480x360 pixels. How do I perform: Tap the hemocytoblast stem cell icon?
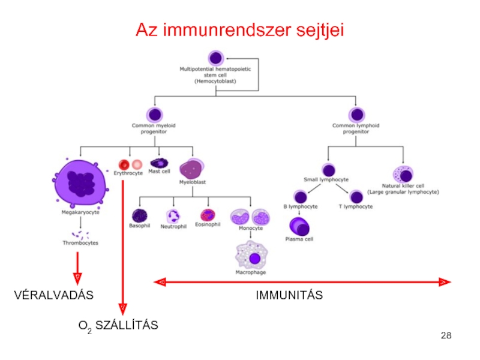coord(216,58)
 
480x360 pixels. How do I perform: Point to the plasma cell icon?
coord(299,226)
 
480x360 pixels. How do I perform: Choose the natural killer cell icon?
coord(403,174)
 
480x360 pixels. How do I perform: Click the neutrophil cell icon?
coord(173,216)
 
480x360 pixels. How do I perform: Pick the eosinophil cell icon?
coord(208,215)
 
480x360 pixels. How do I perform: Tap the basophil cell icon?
coord(140,215)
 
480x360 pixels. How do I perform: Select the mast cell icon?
coord(159,163)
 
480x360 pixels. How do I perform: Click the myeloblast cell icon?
coord(191,169)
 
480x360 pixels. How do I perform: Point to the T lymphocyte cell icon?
coord(356,197)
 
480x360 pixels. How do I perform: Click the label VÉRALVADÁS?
coord(54,295)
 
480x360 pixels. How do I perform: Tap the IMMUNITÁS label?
coord(289,295)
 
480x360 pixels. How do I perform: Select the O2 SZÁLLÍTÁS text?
coord(118,326)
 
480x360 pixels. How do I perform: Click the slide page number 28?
coord(446,335)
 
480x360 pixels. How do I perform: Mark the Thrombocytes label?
coord(80,243)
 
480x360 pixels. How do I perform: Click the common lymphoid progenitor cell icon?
coord(357,115)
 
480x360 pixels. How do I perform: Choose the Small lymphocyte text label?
coord(326,179)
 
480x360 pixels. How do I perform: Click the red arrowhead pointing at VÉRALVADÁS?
coord(77,278)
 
